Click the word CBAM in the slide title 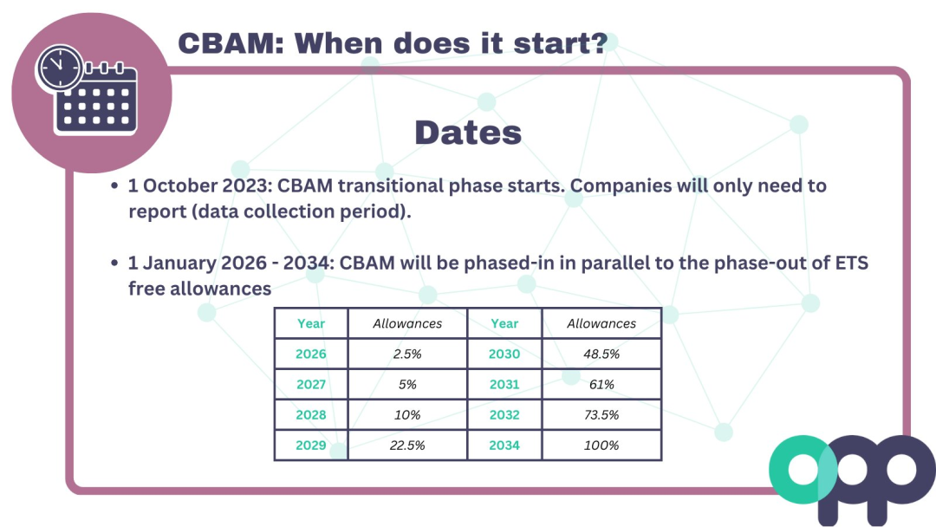[x=231, y=43]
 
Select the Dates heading [x=468, y=133]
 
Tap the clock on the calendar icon [x=60, y=68]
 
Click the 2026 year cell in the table [x=311, y=354]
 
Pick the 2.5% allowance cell [x=407, y=354]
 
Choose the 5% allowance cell [x=407, y=384]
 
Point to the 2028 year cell [x=311, y=415]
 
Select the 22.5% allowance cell [x=407, y=446]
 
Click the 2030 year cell [x=504, y=354]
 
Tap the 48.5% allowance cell [x=601, y=354]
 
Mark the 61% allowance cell [x=601, y=384]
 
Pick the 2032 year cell [x=504, y=415]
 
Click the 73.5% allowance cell [x=601, y=415]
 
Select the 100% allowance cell [x=601, y=446]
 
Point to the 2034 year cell [x=504, y=446]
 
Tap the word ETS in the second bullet [x=851, y=263]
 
